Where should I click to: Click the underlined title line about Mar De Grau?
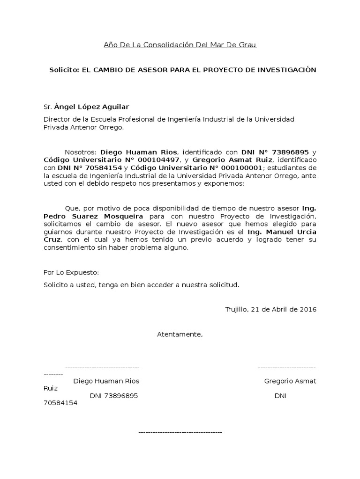180,45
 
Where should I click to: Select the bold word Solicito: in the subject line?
65,70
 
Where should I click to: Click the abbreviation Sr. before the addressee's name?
48,107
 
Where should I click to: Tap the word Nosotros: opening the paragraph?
81,152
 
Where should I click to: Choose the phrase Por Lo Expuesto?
71,272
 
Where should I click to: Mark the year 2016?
308,309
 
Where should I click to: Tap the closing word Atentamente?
180,334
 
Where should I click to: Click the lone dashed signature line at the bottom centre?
180,432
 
